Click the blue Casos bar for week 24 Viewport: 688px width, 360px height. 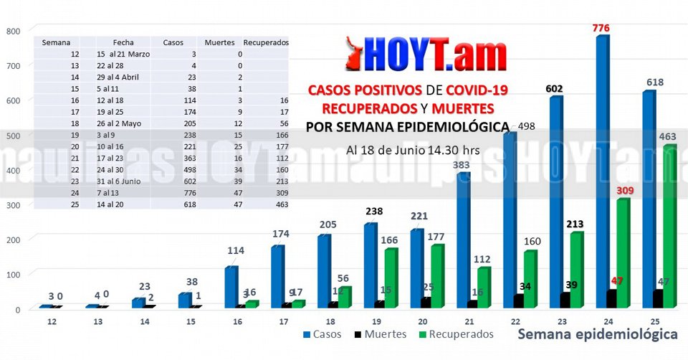(x=602, y=172)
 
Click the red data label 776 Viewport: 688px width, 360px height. (x=601, y=28)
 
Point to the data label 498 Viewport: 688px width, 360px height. (x=526, y=127)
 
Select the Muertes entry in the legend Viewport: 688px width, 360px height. (x=381, y=334)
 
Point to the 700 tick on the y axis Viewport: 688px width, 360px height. (x=13, y=65)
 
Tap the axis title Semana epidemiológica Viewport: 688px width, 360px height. (x=597, y=334)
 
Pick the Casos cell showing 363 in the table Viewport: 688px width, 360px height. (x=170, y=158)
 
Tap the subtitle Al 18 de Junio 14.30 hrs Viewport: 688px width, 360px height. (x=413, y=151)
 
